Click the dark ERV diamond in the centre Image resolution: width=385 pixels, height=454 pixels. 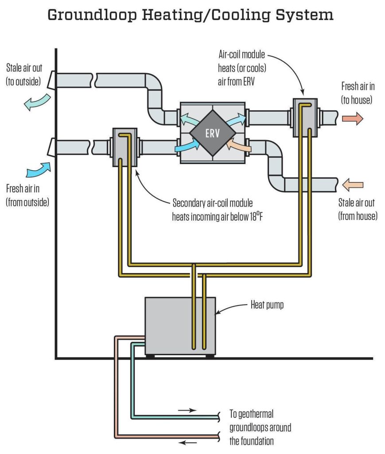(x=213, y=133)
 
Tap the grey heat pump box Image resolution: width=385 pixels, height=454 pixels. (x=180, y=326)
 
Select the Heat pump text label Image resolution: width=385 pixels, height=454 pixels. (x=267, y=305)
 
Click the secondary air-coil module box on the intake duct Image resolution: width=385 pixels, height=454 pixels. (x=124, y=147)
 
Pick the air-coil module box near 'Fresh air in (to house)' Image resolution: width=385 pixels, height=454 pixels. (x=305, y=117)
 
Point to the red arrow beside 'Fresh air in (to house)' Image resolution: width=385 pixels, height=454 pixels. (x=353, y=118)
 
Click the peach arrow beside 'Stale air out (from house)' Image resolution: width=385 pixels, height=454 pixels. (x=353, y=185)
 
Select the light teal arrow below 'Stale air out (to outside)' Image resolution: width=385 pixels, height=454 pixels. (x=37, y=103)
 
